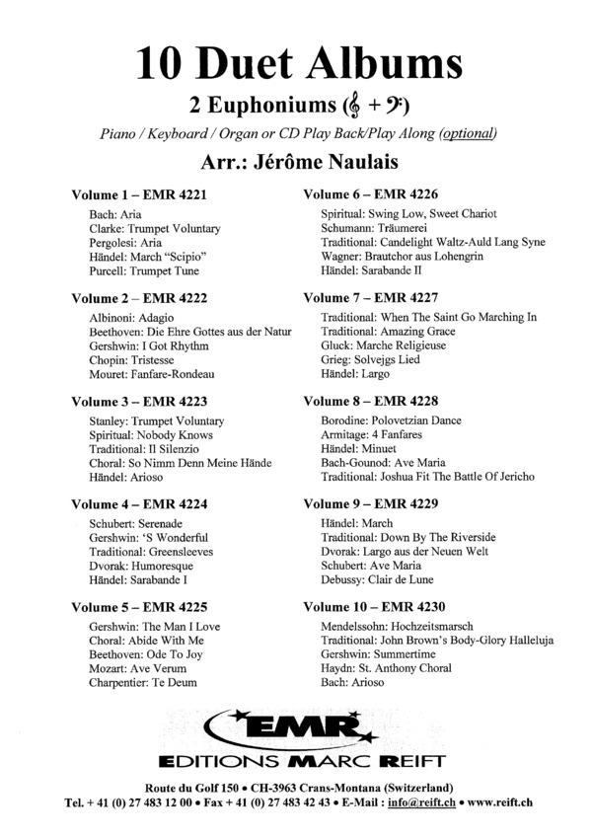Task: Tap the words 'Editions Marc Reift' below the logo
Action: (299, 762)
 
